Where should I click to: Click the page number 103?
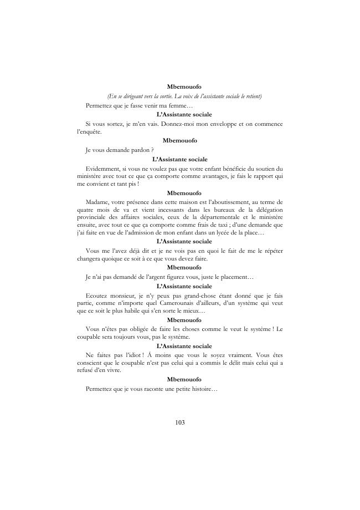(x=179, y=422)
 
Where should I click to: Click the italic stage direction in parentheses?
(x=184, y=96)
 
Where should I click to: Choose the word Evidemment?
(x=102, y=168)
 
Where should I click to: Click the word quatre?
(x=86, y=211)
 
